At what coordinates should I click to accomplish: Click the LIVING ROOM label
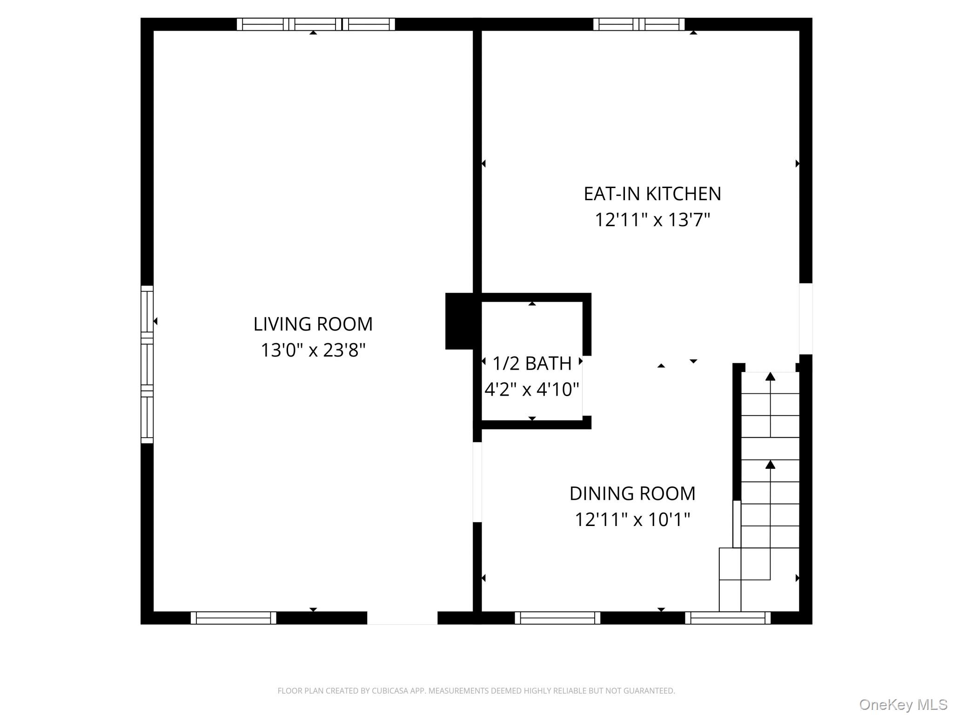(313, 324)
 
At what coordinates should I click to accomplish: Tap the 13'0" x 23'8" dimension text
(313, 350)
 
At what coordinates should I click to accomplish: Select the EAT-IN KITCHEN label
(652, 194)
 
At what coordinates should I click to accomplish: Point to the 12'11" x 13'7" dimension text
(652, 220)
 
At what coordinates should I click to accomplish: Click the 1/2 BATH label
(532, 364)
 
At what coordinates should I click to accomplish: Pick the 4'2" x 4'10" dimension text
(532, 389)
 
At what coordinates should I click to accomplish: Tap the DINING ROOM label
(632, 493)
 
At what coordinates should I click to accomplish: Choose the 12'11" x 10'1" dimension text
(632, 519)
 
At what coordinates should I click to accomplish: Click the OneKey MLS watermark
(903, 705)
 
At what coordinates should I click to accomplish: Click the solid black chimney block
(459, 321)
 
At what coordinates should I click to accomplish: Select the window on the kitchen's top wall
(639, 24)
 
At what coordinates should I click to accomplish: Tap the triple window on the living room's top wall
(316, 24)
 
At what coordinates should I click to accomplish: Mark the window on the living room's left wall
(147, 364)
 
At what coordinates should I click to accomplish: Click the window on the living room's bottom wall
(234, 618)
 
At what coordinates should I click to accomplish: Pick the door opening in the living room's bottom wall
(403, 618)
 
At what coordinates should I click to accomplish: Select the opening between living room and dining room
(477, 482)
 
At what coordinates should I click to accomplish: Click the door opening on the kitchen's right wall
(806, 319)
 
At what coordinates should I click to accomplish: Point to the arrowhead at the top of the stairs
(771, 377)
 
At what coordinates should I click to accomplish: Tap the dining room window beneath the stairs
(728, 618)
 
